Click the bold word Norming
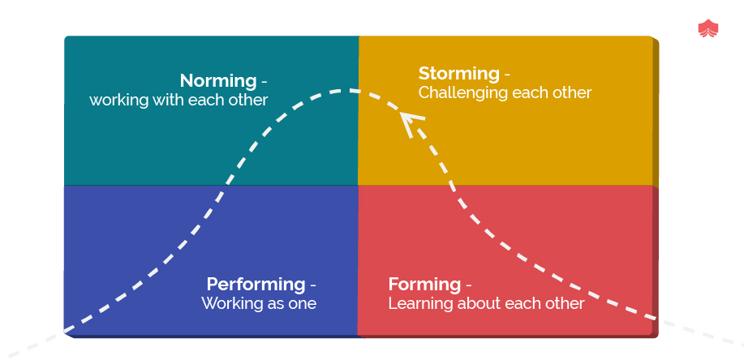pyautogui.click(x=217, y=81)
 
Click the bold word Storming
pyautogui.click(x=459, y=74)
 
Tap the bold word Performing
pyautogui.click(x=256, y=285)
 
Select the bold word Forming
pyautogui.click(x=424, y=285)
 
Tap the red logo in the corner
pyautogui.click(x=708, y=28)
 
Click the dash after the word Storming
pyautogui.click(x=507, y=75)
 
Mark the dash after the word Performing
pyautogui.click(x=312, y=285)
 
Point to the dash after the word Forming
pyautogui.click(x=468, y=285)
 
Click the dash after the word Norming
pyautogui.click(x=264, y=82)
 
